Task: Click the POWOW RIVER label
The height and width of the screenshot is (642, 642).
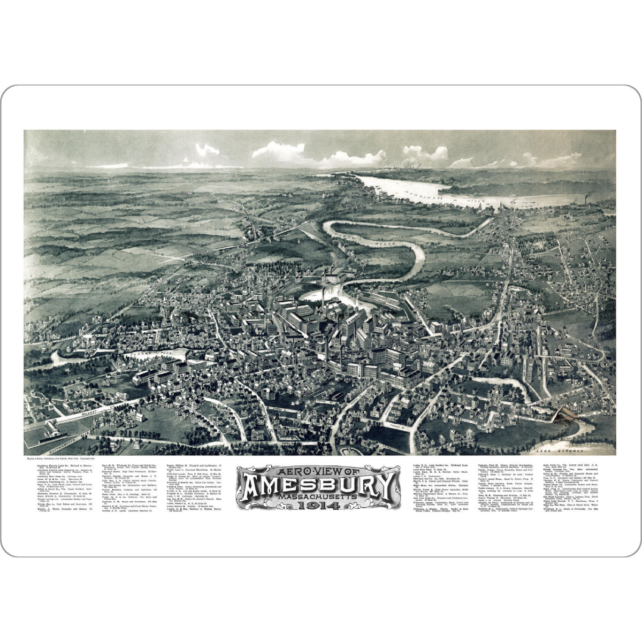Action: coord(369,239)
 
